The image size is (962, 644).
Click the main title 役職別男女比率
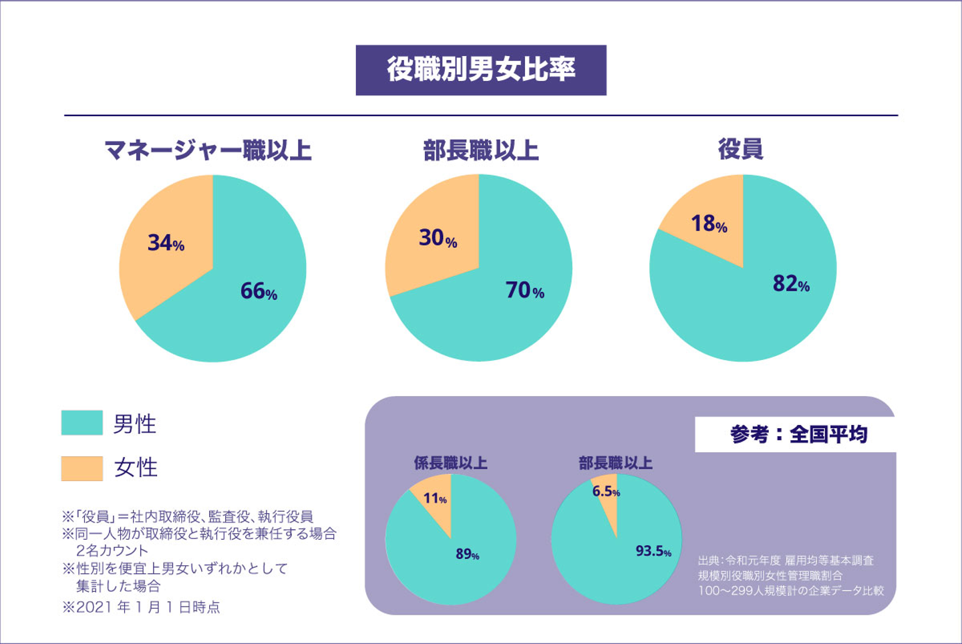pyautogui.click(x=481, y=69)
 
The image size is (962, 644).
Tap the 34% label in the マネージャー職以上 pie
pyautogui.click(x=166, y=243)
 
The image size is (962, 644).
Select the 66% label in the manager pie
pyautogui.click(x=259, y=291)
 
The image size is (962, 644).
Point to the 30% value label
pyautogui.click(x=438, y=238)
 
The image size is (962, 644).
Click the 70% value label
pyautogui.click(x=524, y=290)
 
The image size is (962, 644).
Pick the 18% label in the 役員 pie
pyautogui.click(x=709, y=224)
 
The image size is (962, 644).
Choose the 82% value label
pyautogui.click(x=791, y=284)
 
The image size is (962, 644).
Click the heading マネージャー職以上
pyautogui.click(x=208, y=150)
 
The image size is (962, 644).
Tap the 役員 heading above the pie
pyautogui.click(x=740, y=149)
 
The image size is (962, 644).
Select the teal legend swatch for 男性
pyautogui.click(x=82, y=423)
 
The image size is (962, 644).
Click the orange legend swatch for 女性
pyautogui.click(x=82, y=468)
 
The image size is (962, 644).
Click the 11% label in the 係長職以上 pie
pyautogui.click(x=435, y=498)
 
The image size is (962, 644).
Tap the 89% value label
pyautogui.click(x=467, y=554)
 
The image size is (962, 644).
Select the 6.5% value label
pyautogui.click(x=606, y=492)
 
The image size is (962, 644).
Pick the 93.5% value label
pyautogui.click(x=653, y=551)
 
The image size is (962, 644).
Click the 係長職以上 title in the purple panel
pyautogui.click(x=450, y=463)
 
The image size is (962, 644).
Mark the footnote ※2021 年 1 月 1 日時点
pyautogui.click(x=141, y=607)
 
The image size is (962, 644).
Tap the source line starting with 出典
pyautogui.click(x=786, y=560)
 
